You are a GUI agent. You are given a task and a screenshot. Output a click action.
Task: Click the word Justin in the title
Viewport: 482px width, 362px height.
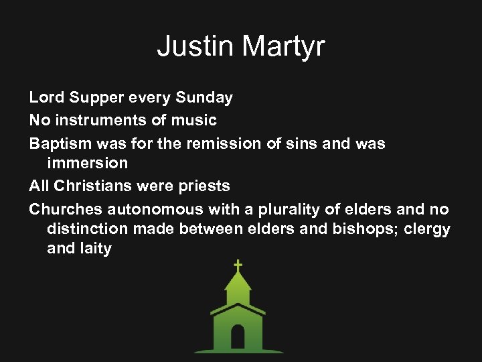click(195, 46)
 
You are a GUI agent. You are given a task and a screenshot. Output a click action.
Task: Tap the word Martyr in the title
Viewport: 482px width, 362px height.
click(283, 46)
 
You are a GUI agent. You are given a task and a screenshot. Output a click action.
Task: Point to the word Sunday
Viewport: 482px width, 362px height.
click(204, 98)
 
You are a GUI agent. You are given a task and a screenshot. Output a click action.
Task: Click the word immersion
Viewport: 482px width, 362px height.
click(87, 163)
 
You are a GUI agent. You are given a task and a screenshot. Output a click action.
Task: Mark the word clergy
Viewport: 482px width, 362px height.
click(426, 229)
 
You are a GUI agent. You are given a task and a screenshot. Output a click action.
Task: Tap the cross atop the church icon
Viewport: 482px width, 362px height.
click(238, 265)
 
